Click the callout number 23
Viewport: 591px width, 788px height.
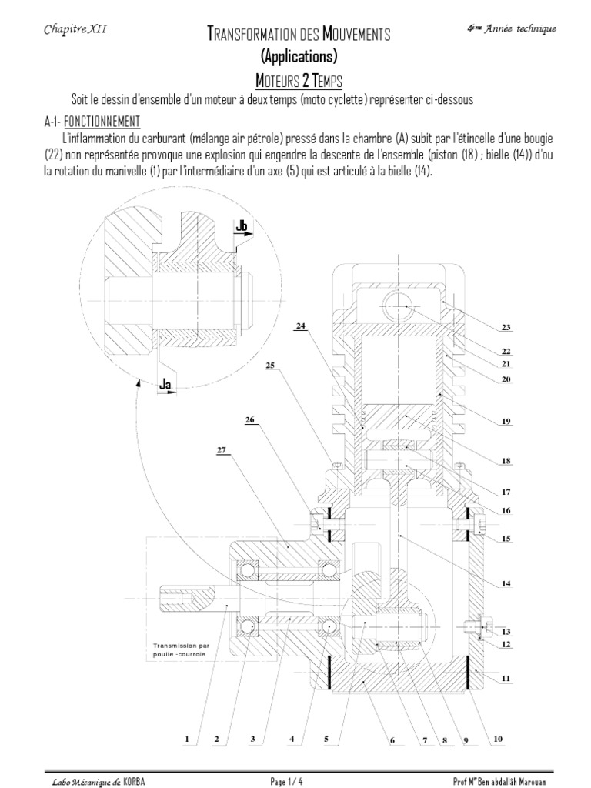pyautogui.click(x=506, y=327)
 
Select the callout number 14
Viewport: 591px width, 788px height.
pyautogui.click(x=506, y=583)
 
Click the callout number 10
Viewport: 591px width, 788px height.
pyautogui.click(x=497, y=740)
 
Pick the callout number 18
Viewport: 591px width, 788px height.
pyautogui.click(x=506, y=462)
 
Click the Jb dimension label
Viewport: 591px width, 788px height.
pyautogui.click(x=243, y=225)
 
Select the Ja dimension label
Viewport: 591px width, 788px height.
pyautogui.click(x=165, y=383)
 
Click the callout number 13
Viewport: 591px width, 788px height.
pyautogui.click(x=506, y=631)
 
